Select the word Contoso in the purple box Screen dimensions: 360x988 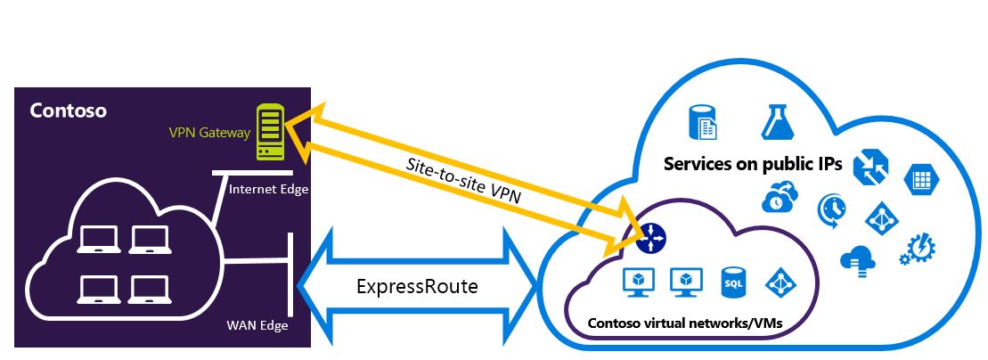[x=69, y=111]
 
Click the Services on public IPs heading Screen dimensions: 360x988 [x=754, y=165]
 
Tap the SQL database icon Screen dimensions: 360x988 [x=732, y=282]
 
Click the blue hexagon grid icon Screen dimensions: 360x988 [x=918, y=181]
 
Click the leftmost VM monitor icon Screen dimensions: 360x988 [x=638, y=282]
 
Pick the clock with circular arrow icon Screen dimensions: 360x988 [x=831, y=209]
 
